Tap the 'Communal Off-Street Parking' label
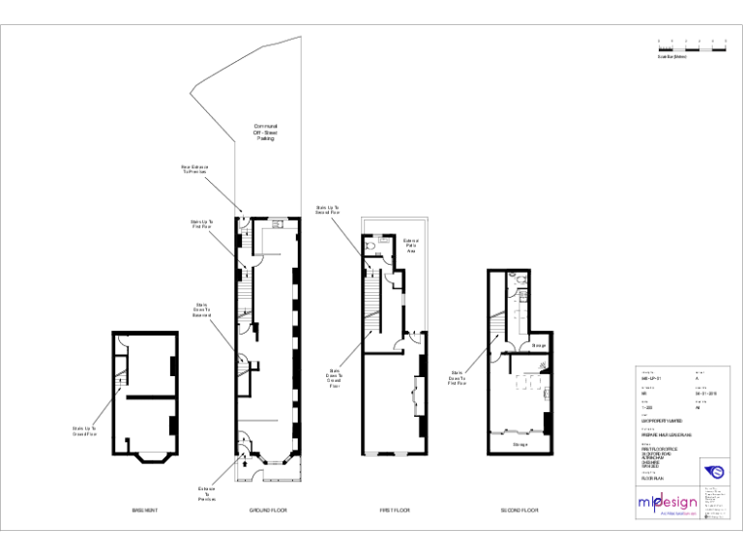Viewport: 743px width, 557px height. pos(265,132)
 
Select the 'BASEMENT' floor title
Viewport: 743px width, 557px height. pos(145,510)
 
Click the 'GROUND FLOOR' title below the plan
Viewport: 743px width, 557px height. pos(268,510)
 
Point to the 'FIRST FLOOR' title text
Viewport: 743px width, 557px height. pos(395,510)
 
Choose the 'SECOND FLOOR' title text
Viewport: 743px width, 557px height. pos(520,510)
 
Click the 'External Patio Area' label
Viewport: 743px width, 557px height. pos(410,246)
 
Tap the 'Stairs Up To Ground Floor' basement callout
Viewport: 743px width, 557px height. pos(84,431)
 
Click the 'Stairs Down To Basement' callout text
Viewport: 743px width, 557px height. pos(201,309)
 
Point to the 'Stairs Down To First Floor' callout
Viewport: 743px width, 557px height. pos(457,377)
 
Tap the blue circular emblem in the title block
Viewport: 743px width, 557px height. pos(717,472)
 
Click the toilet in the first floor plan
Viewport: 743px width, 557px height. pos(371,246)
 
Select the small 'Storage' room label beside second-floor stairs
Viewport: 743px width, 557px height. pos(539,344)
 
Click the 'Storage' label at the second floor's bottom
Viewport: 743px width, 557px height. pos(520,445)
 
